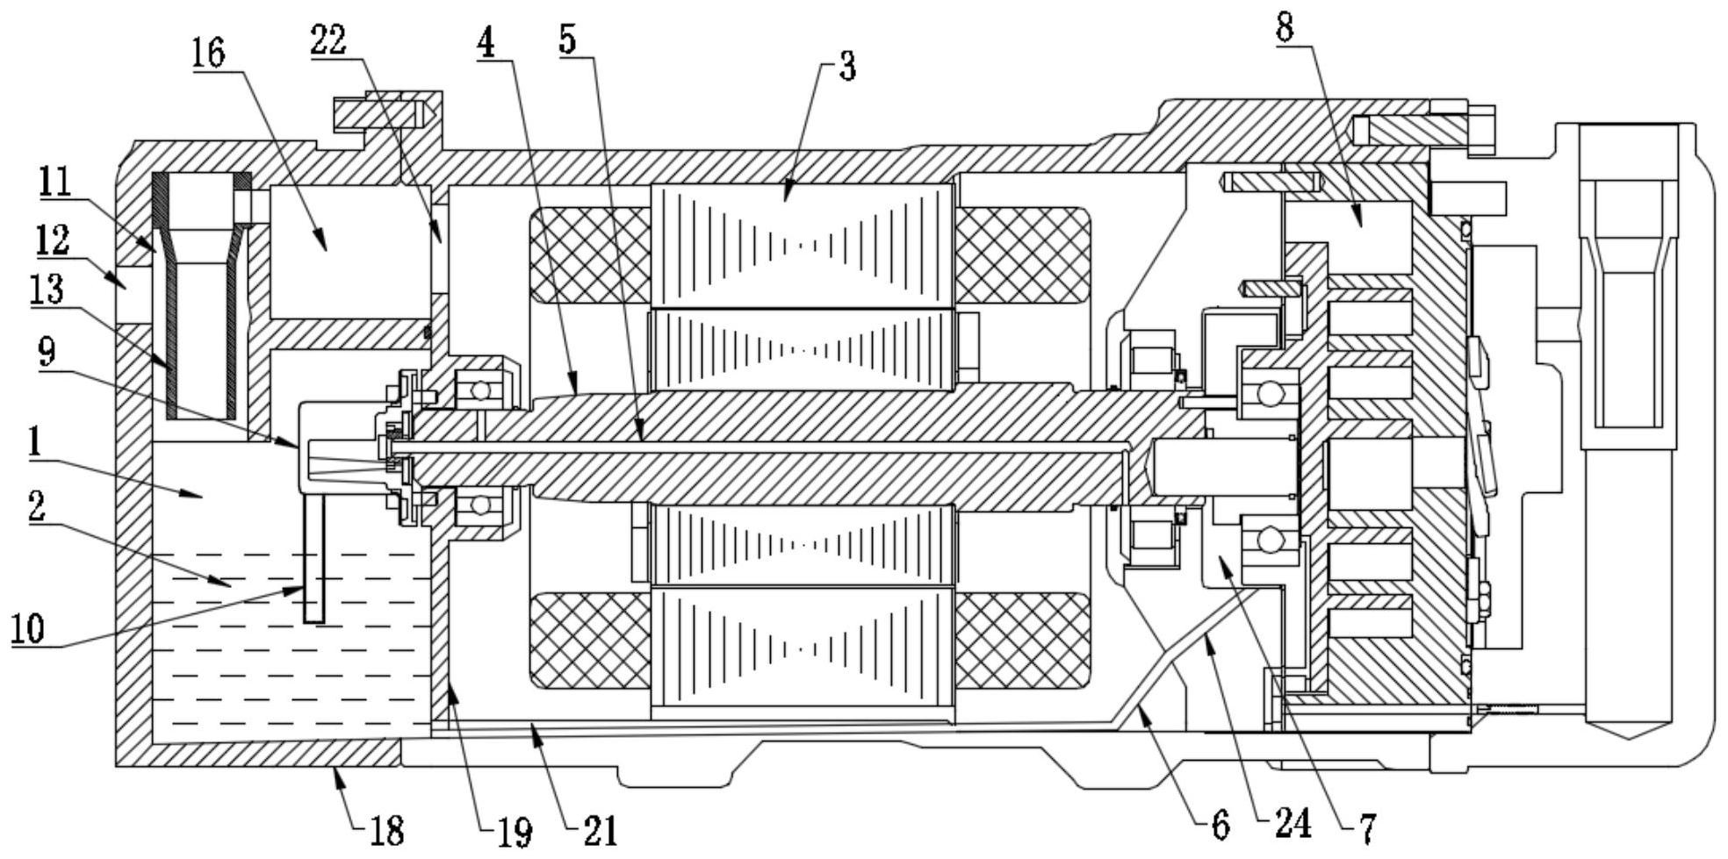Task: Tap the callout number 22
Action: (x=329, y=40)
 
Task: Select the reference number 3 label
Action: (x=847, y=67)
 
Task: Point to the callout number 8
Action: (x=1285, y=28)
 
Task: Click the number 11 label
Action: (x=54, y=183)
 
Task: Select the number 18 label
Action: (x=385, y=830)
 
